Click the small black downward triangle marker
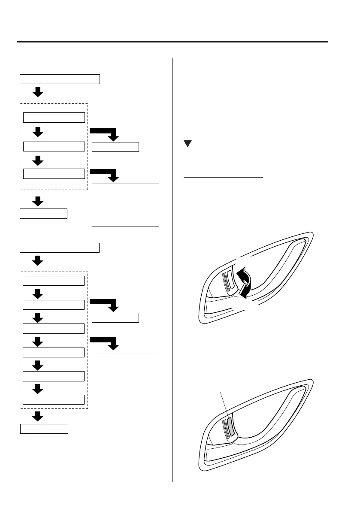[x=187, y=145]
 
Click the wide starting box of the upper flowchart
[x=60, y=79]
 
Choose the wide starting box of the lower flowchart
[x=60, y=247]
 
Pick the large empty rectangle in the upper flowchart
[x=125, y=205]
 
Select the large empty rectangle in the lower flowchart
[x=125, y=373]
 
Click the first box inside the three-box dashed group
[x=54, y=118]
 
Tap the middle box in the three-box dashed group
[x=54, y=147]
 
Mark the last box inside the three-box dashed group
[x=54, y=174]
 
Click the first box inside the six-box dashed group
[x=54, y=281]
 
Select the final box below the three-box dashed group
[x=44, y=213]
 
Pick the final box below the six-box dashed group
[x=44, y=429]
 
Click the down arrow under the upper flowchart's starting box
[x=38, y=91]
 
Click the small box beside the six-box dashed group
[x=115, y=318]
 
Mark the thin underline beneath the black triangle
[x=223, y=177]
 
